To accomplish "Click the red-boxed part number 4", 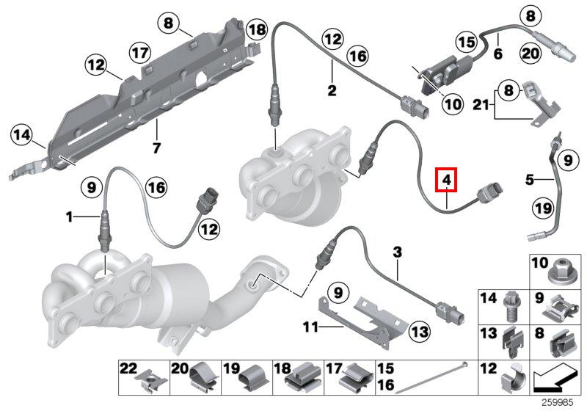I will point(446,179).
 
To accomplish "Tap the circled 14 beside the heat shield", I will point(23,135).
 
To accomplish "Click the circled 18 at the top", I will point(256,30).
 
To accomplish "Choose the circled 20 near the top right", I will point(531,54).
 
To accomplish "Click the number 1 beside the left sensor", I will point(70,217).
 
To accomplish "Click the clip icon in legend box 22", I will point(147,379).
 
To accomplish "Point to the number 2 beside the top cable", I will point(332,91).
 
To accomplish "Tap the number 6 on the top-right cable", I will point(497,54).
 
